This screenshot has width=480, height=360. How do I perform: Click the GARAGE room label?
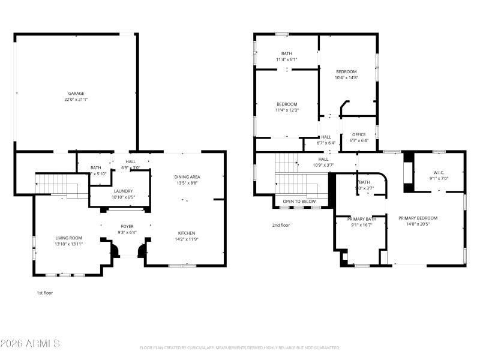[x=76, y=94]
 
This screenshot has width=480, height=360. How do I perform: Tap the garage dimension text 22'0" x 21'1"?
[x=76, y=100]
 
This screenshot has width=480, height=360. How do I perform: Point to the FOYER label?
[x=127, y=226]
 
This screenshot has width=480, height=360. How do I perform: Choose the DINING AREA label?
[x=187, y=176]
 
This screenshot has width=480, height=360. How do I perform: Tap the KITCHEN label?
[x=187, y=233]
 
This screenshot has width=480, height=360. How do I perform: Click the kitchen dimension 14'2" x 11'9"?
[x=187, y=239]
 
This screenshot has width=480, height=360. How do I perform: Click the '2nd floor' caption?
[x=281, y=225]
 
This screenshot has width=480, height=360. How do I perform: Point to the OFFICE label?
[x=359, y=134]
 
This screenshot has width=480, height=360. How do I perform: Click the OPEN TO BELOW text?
[x=299, y=201]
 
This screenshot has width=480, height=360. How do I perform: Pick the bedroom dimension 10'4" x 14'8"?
[x=346, y=77]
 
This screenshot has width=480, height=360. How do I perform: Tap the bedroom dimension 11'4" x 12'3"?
[x=287, y=110]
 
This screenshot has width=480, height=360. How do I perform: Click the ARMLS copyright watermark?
[x=30, y=344]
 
